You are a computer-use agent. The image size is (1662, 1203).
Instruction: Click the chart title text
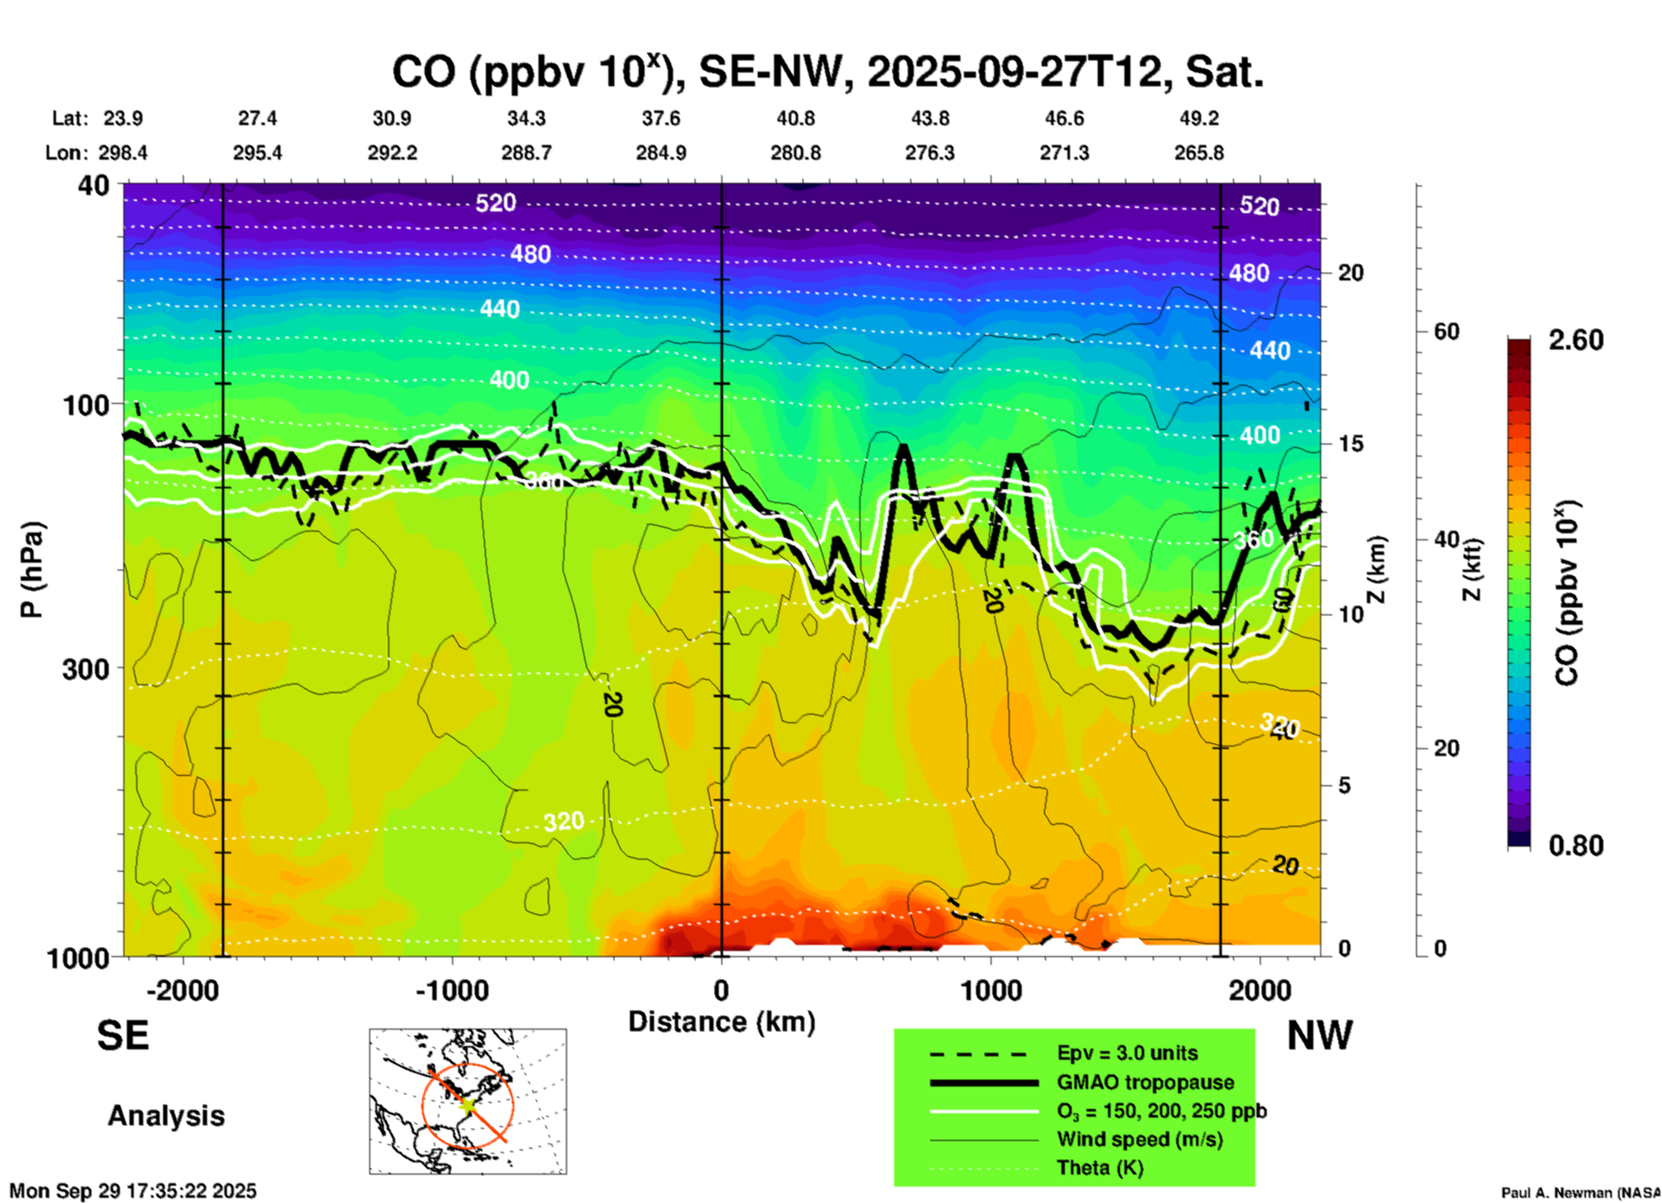[828, 72]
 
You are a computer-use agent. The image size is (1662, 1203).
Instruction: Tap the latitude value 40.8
[795, 118]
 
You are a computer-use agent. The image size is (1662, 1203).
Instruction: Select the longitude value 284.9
[661, 153]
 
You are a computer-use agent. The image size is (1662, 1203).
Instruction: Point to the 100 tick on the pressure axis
[86, 405]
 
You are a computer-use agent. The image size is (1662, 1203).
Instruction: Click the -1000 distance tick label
[452, 991]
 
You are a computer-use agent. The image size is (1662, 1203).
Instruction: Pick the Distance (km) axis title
[721, 1022]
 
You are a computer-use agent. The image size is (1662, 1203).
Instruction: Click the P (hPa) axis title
[32, 570]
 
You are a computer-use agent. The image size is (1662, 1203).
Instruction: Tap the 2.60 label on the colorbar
[1576, 340]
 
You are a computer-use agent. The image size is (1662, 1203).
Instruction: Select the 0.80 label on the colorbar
[1576, 845]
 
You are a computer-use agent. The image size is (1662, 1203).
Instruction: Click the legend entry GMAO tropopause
[1145, 1082]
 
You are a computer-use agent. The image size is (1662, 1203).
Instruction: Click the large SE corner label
[123, 1036]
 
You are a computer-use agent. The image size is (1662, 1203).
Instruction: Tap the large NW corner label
[1319, 1036]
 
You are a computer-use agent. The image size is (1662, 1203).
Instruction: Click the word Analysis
[166, 1116]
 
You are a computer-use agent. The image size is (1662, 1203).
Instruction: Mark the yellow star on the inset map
[468, 1104]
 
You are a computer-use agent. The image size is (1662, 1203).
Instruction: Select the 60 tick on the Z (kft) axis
[1446, 331]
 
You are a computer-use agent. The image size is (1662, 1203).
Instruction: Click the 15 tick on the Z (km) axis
[1350, 444]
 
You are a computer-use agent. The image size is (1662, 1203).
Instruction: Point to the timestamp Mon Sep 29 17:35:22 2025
[133, 1191]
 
